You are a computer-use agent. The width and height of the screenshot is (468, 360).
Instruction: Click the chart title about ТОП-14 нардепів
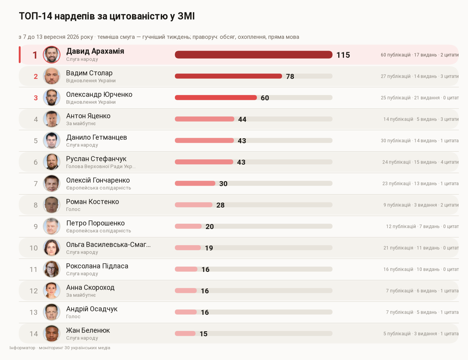pos(107,16)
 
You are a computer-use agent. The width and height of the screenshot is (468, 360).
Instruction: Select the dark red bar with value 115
pos(253,55)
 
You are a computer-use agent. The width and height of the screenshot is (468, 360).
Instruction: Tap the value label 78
pos(290,76)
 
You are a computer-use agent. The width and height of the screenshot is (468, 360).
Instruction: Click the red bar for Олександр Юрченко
pos(216,98)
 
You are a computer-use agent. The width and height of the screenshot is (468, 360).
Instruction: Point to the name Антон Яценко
pos(88,116)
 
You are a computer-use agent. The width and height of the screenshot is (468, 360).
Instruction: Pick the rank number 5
pos(36,141)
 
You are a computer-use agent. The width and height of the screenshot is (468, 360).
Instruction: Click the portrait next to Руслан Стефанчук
pos(52,162)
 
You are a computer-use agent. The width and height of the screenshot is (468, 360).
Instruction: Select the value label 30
pos(223,183)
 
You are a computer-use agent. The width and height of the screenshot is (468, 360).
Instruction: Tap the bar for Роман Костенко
pos(194,205)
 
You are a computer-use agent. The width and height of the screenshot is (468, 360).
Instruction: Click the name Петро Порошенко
pos(95,223)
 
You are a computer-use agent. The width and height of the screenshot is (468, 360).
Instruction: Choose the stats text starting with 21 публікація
pos(421,248)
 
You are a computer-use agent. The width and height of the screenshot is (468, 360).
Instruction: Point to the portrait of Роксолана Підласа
pos(52,269)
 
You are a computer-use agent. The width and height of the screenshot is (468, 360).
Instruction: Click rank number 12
pos(33,291)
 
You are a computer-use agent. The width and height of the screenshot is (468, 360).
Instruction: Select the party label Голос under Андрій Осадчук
pos(73,316)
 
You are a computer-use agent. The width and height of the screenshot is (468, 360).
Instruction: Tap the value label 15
pos(203,334)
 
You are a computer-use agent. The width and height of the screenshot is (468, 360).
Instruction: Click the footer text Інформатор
pos(22,348)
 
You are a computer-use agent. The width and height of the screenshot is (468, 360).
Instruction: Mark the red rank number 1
pos(35,55)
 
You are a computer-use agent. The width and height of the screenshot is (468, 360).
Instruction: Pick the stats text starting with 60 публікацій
pos(419,55)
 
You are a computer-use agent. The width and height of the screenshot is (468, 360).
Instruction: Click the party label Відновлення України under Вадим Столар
pos(91,80)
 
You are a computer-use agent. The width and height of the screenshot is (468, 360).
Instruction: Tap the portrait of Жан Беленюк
pos(52,334)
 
